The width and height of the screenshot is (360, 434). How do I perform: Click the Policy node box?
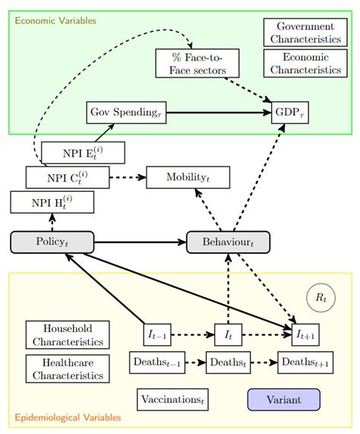coord(52,242)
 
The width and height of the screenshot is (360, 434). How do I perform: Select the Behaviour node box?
coord(228,242)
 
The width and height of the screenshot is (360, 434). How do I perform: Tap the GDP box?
coord(291,112)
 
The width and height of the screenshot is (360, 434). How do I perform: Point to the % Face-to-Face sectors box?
coord(196,62)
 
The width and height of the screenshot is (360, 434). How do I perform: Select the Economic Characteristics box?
coord(305,63)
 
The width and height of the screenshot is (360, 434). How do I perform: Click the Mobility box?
coord(188,177)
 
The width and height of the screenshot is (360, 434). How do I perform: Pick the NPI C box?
coord(68,178)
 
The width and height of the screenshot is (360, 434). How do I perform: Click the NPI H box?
coord(52,202)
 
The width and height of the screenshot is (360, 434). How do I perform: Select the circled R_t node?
coord(320,299)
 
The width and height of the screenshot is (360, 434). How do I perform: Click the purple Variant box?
coord(284,399)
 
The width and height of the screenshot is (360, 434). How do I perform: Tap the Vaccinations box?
coord(173,399)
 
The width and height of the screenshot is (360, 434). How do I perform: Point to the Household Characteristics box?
coord(68,335)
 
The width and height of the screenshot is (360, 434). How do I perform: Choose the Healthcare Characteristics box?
coord(68,369)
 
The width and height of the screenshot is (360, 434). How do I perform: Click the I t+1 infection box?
coord(308,334)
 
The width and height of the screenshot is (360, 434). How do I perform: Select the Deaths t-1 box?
coord(157,362)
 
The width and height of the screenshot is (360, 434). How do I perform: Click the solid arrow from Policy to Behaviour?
coord(141,242)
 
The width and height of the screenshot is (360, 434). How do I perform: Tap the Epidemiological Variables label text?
coord(68,418)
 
